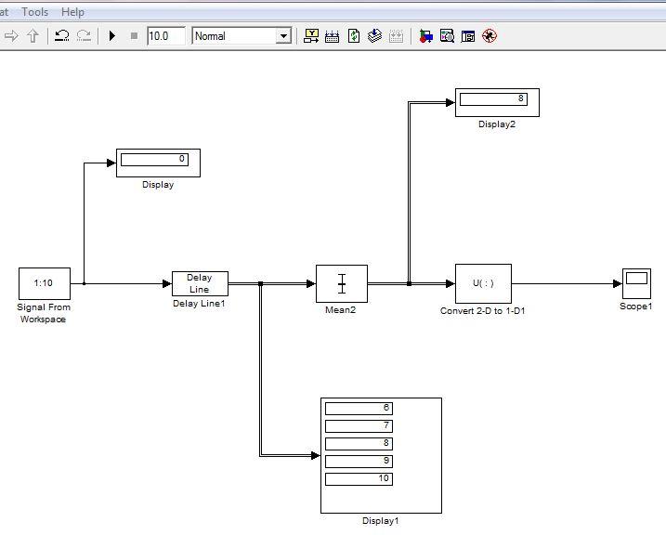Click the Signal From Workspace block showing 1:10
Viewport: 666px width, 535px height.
tap(45, 283)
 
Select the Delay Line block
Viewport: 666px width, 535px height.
tap(200, 283)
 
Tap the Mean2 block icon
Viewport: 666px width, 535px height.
tap(342, 283)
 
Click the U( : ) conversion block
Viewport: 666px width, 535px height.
tap(483, 283)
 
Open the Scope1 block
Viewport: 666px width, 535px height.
tap(636, 283)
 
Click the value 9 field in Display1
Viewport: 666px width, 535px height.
tap(359, 461)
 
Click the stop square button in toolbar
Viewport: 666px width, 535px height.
tap(134, 36)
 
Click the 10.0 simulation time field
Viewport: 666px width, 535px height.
tap(166, 36)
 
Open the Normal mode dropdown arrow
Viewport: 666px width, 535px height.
tap(283, 36)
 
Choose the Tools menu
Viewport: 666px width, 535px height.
tap(34, 12)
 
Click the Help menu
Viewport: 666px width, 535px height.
tap(72, 12)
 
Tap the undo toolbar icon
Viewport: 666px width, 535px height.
tap(62, 35)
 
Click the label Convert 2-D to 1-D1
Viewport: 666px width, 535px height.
tap(482, 311)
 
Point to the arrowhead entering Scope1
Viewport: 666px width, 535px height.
tap(618, 283)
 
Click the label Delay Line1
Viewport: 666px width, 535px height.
tap(199, 304)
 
